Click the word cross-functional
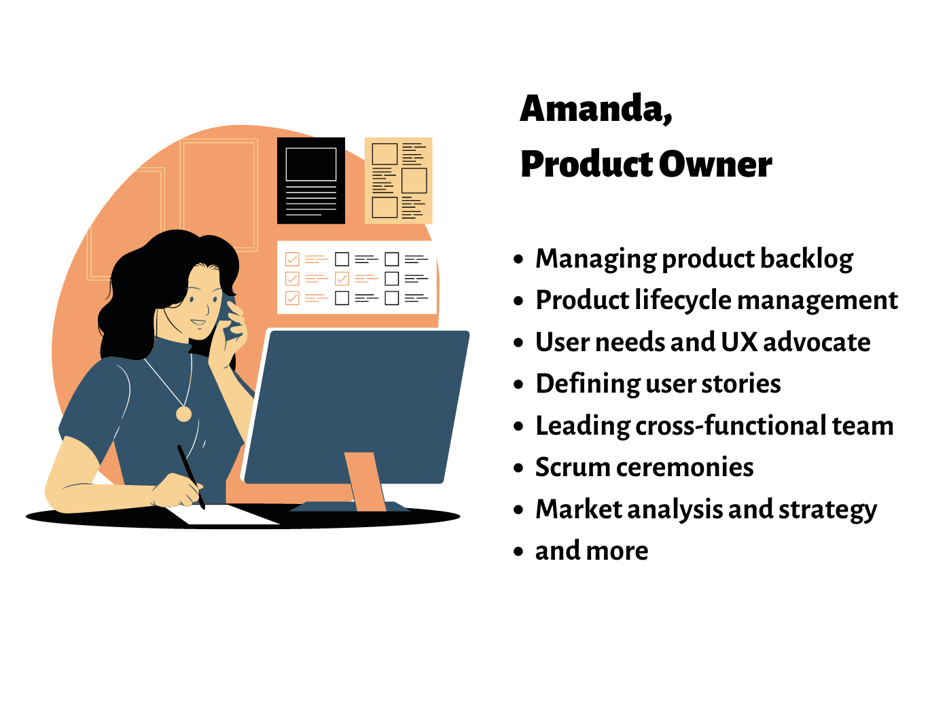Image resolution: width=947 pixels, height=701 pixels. [x=731, y=426]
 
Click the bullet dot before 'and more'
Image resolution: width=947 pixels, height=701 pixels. [x=519, y=552]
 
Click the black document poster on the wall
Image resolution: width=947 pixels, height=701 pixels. [x=310, y=181]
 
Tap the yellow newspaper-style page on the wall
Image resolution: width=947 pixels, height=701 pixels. [x=399, y=181]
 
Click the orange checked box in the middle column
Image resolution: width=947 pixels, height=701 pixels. [x=342, y=278]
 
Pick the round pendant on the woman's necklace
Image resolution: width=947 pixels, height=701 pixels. [x=183, y=414]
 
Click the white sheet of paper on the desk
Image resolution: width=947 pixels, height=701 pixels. [x=224, y=514]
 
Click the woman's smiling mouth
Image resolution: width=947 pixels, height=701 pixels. [x=198, y=323]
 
